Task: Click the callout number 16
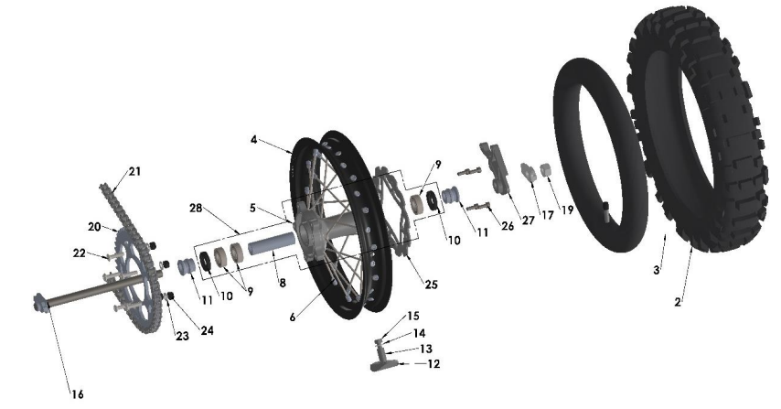(x=77, y=394)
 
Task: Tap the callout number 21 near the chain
(x=134, y=171)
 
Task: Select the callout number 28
(x=196, y=208)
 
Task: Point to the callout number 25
(x=431, y=285)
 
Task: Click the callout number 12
(x=433, y=364)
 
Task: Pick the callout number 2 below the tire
(x=678, y=302)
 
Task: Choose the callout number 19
(x=567, y=210)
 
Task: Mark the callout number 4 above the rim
(x=254, y=140)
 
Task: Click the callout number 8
(x=283, y=284)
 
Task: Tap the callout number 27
(x=528, y=221)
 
